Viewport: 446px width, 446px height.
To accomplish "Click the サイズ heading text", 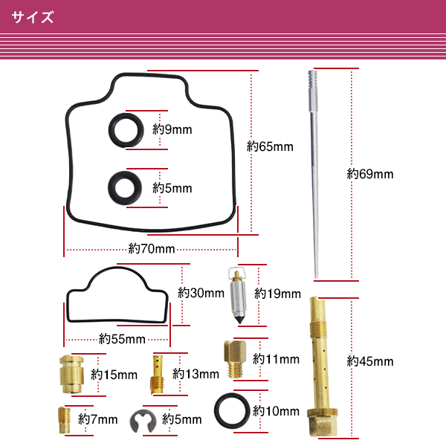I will (x=33, y=17).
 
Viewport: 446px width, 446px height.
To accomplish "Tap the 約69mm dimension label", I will (x=370, y=175).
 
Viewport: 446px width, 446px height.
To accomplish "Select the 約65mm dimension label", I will (x=270, y=146).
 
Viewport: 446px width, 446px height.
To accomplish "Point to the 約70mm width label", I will (x=152, y=248).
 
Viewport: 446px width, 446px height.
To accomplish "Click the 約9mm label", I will (x=172, y=129).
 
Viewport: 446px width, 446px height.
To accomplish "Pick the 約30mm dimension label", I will (x=201, y=293).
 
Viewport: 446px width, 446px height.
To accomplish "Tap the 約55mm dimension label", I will (x=122, y=339).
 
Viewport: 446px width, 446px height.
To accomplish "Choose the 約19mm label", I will (x=277, y=294).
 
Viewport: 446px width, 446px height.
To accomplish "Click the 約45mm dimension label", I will (x=370, y=362).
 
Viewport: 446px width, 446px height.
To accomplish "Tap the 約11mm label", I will (x=276, y=359).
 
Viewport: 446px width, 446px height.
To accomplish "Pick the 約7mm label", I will (x=98, y=419).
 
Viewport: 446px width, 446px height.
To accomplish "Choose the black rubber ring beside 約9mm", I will (x=124, y=129).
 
